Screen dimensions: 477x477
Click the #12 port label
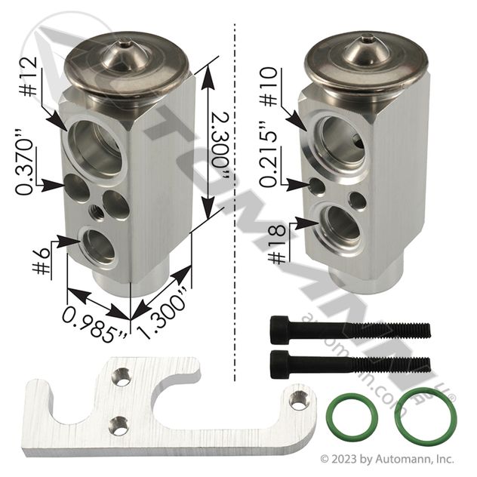tap(29, 77)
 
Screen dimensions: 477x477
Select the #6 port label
tap(42, 260)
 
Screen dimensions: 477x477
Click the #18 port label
tap(278, 245)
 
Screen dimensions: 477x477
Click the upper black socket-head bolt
tap(350, 331)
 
